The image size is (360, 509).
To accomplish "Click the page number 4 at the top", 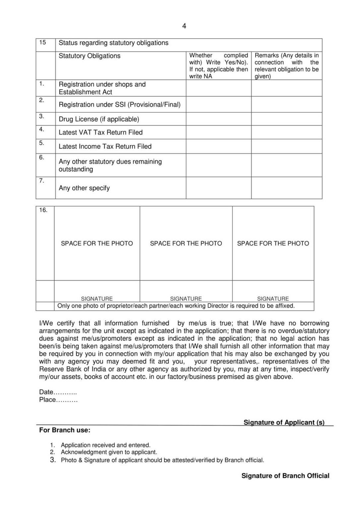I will pos(184,26).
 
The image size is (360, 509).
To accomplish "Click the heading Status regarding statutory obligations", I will pos(113,43).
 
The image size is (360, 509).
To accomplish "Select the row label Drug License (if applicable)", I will pos(99,119).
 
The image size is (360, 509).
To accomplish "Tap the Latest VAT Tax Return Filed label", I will pos(100,132).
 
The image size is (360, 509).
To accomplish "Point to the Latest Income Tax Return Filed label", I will pos(105,146).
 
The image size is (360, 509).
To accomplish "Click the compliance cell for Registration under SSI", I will pos(218,104).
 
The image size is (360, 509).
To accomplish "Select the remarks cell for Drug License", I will pos(286,119).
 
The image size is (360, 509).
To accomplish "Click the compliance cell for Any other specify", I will pos(218,188).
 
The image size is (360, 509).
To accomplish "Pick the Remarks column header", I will pos(286,66).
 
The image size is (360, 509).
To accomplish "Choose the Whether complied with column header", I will pos(218,66).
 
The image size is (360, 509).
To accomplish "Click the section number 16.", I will pos(43,210).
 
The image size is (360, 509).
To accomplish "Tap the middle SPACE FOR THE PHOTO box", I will pos(186,243).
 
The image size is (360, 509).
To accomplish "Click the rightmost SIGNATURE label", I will pos(273,299).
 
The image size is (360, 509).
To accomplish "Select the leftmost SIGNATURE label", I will pos(97,299).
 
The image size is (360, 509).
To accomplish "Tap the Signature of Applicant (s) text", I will pos(284,422).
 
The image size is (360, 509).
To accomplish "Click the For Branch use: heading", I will pos(65,430).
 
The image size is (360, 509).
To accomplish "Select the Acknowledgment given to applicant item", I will pos(109,452).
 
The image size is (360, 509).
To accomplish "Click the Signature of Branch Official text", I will pos(285,476).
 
